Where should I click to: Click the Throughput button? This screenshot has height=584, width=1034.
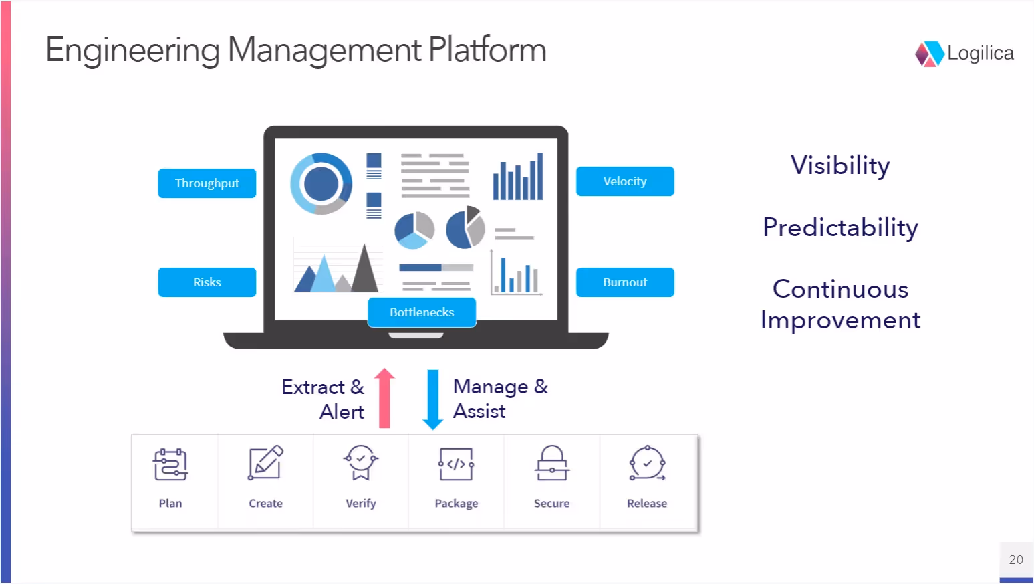pos(207,183)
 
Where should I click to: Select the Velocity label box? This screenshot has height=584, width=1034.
pos(625,181)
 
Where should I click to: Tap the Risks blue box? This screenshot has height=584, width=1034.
pos(207,282)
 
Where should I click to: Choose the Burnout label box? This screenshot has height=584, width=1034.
pos(625,282)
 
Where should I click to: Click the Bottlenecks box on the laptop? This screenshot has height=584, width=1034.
pos(422,312)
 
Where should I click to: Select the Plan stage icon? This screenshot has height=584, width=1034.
pos(170,464)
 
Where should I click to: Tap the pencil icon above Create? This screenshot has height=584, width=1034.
pos(265,463)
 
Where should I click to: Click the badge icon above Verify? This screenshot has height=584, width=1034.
pos(361,462)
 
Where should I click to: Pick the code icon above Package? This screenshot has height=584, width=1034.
pos(457,464)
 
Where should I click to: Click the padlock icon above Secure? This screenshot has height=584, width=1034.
pos(552,463)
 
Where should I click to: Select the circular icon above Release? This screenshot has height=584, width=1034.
pos(647,463)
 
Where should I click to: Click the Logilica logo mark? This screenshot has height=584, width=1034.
pos(929,54)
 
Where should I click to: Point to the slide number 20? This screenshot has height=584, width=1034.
pos(1016,560)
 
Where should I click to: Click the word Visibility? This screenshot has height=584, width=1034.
pos(840,165)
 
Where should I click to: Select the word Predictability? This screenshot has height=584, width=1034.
pos(840,227)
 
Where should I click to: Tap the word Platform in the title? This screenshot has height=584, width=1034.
pos(487,50)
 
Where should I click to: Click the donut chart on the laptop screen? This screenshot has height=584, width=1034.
pos(321,183)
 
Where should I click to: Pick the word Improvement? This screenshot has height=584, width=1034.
pos(840,320)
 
